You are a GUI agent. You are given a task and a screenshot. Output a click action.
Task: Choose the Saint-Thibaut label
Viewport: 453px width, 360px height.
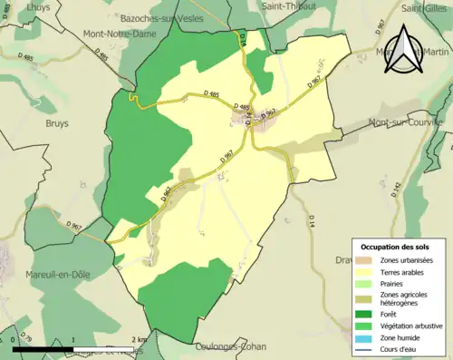(288, 5)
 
